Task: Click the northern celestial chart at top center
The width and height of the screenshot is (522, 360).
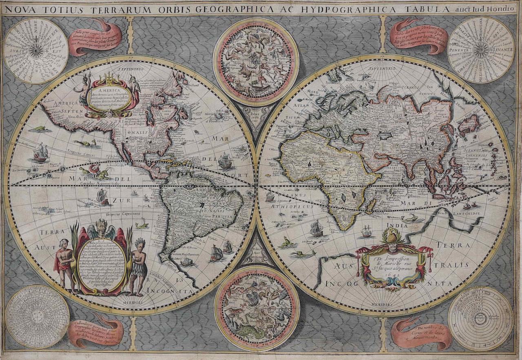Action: pyautogui.click(x=256, y=61)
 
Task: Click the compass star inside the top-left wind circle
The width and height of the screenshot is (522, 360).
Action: pyautogui.click(x=36, y=50)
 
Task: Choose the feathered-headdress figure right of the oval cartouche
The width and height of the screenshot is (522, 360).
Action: pyautogui.click(x=139, y=265)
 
